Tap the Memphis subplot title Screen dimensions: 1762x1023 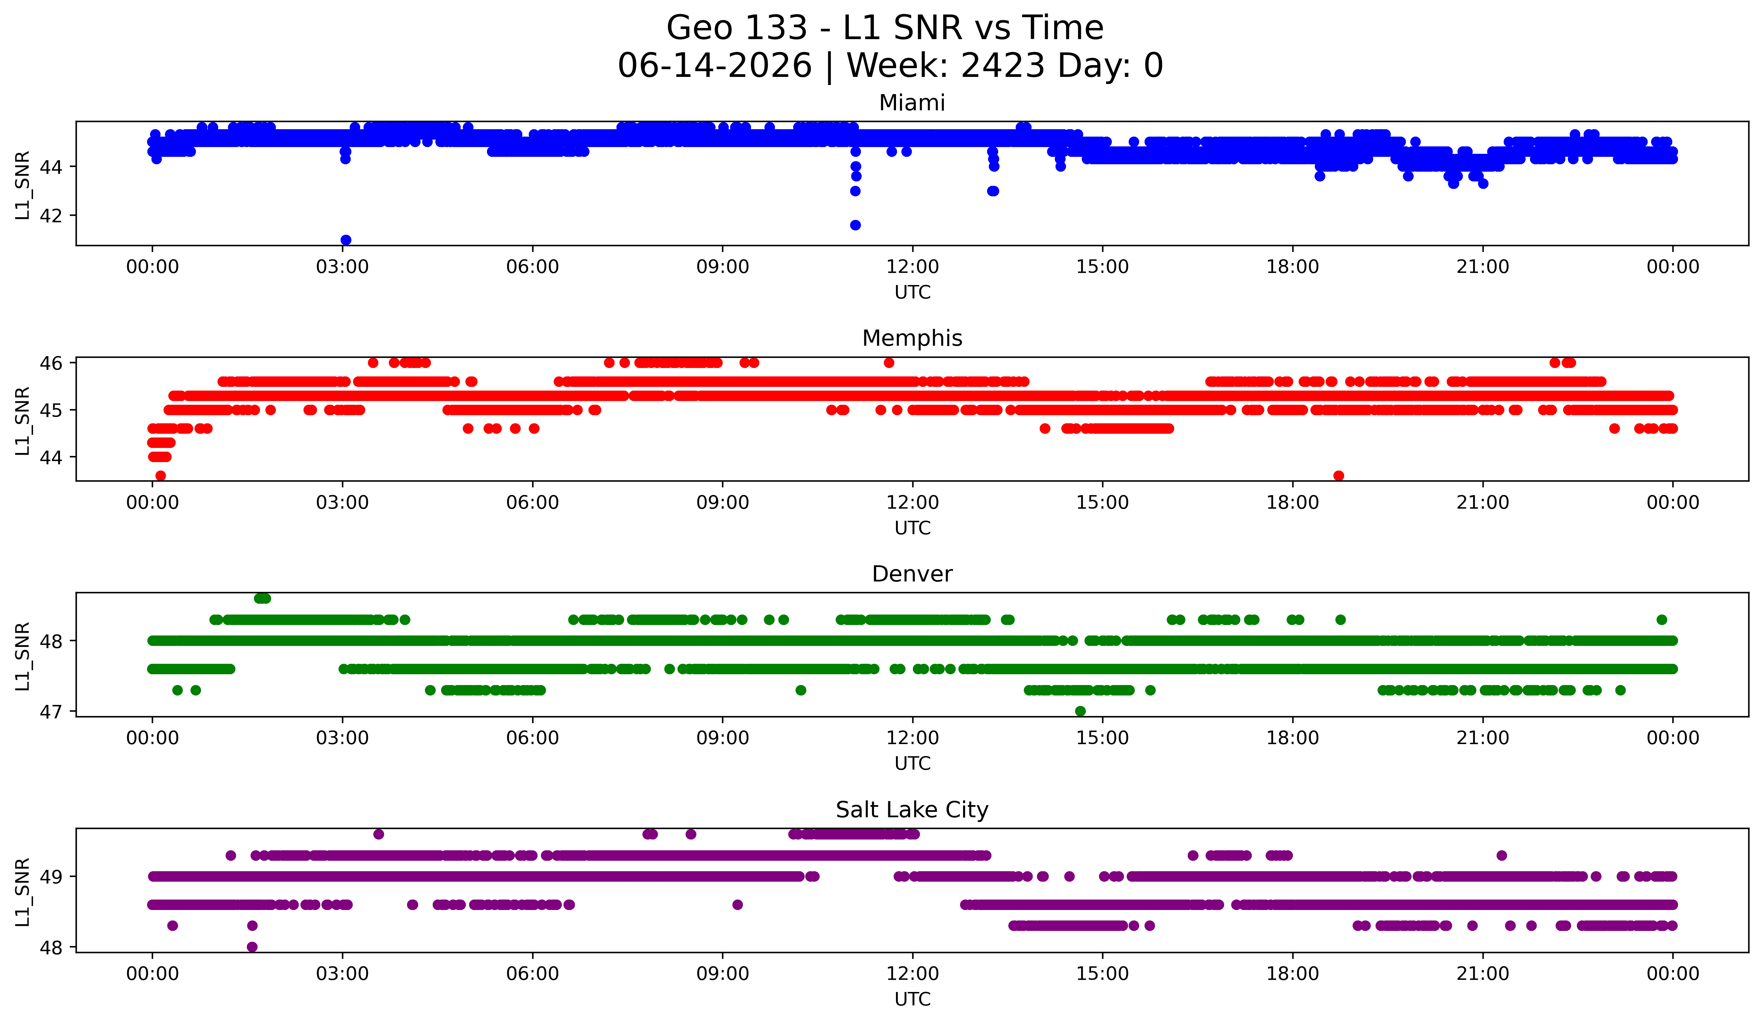(x=912, y=338)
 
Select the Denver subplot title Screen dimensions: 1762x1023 (x=912, y=574)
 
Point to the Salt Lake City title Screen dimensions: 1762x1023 (x=912, y=810)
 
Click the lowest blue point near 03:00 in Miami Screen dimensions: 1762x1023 (x=345, y=240)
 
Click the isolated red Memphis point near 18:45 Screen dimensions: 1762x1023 (x=1338, y=476)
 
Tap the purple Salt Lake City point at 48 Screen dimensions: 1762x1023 (x=253, y=947)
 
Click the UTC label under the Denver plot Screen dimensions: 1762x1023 (x=913, y=764)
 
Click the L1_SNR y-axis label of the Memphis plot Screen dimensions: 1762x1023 (x=22, y=421)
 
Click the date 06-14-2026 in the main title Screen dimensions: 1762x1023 (x=715, y=66)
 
